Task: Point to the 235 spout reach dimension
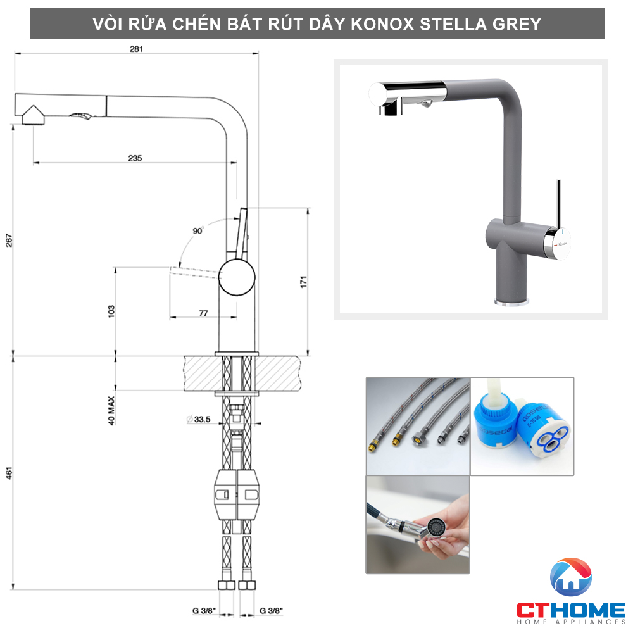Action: [x=134, y=158]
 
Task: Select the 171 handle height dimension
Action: [x=303, y=282]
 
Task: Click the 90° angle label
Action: [x=198, y=231]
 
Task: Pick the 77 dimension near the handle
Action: [x=204, y=313]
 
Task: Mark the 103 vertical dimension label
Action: [x=111, y=310]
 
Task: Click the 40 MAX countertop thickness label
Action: [x=111, y=410]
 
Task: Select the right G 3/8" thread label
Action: [x=271, y=611]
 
